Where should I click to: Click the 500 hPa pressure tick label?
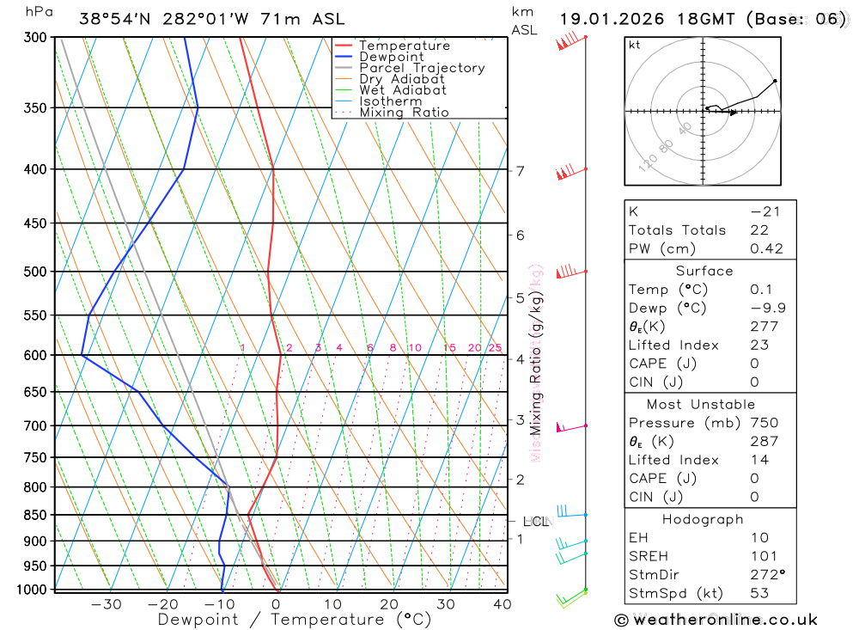click(36, 272)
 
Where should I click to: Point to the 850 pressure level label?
click(36, 515)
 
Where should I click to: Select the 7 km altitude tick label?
click(521, 170)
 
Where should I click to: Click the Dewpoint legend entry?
click(391, 57)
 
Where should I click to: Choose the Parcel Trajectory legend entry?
click(421, 68)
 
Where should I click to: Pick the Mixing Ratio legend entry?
click(404, 113)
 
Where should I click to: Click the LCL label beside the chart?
click(535, 521)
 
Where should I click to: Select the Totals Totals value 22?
click(758, 229)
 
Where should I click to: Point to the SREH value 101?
click(763, 555)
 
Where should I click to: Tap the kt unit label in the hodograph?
click(635, 45)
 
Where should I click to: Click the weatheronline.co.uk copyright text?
click(716, 619)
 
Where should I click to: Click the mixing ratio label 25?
click(495, 348)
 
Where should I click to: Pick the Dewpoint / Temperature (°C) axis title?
click(294, 619)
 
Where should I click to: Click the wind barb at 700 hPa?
click(570, 426)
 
